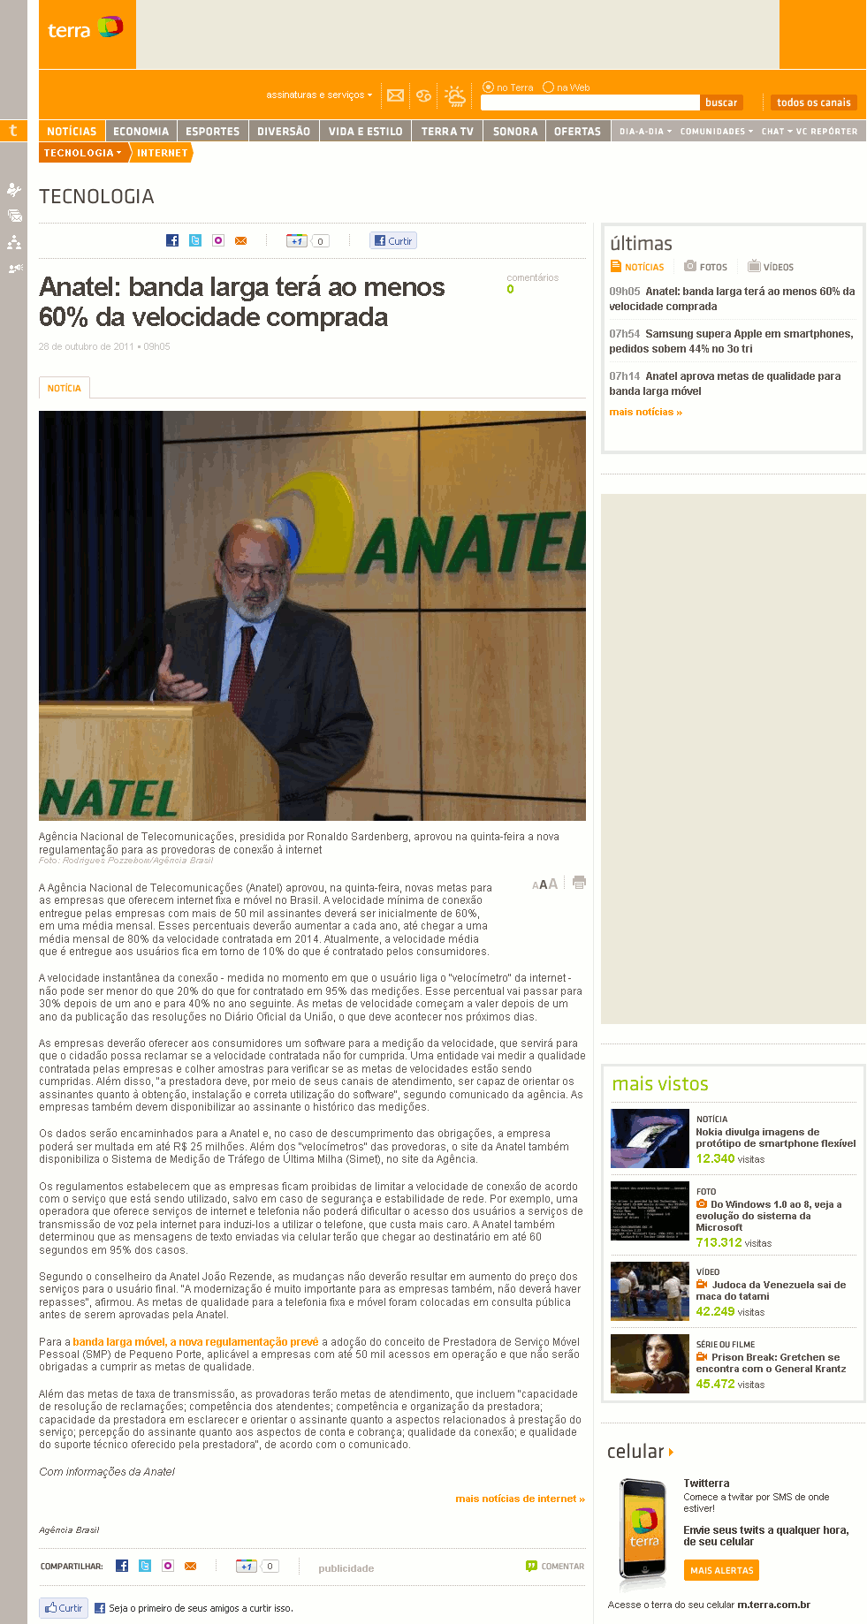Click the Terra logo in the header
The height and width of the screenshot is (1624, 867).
coord(85,29)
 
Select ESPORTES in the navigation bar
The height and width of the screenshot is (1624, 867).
coord(212,132)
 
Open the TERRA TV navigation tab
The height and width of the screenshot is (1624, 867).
coord(447,132)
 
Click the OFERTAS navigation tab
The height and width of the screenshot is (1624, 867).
coord(577,132)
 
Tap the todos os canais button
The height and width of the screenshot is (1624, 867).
coord(813,102)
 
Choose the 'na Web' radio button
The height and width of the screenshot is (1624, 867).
coord(549,87)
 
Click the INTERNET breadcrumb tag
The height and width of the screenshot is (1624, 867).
coord(162,153)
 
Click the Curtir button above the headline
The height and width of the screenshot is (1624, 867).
coord(393,240)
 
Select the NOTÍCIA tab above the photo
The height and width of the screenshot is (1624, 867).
coord(65,388)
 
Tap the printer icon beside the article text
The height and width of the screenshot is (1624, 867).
coord(579,883)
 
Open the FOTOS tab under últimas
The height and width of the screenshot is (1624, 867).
coord(706,267)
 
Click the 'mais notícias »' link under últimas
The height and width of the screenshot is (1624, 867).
coord(645,412)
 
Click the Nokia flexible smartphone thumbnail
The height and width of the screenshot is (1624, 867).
coord(650,1138)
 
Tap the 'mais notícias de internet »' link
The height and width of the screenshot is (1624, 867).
coord(520,1499)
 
